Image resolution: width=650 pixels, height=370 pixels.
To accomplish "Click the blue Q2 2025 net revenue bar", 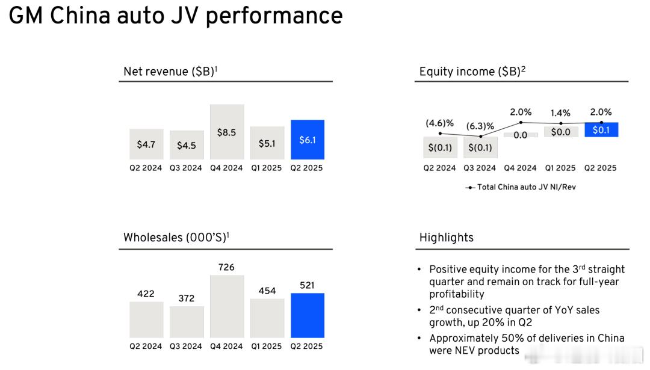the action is (x=308, y=140).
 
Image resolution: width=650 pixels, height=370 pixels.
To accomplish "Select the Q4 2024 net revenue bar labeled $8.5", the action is (x=227, y=132).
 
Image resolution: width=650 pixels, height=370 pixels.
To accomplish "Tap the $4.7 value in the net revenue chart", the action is (x=146, y=144).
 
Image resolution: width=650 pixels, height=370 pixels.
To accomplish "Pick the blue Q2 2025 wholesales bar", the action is (x=308, y=315).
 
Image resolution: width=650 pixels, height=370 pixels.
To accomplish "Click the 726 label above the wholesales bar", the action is (x=226, y=267).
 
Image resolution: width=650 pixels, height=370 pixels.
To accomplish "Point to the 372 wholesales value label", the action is (x=187, y=298).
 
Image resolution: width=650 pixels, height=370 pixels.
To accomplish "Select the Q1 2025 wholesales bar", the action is (x=267, y=318).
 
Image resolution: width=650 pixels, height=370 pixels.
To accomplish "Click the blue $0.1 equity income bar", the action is (x=601, y=130).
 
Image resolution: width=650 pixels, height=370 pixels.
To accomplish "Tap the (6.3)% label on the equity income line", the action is (x=480, y=126).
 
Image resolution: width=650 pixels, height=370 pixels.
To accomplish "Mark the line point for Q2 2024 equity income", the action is (x=440, y=134).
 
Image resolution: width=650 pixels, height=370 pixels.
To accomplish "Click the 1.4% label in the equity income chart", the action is (x=560, y=113).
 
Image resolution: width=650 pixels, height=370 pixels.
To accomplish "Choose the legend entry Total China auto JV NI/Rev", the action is (x=521, y=187).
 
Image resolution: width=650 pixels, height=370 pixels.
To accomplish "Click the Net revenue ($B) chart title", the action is (x=170, y=71).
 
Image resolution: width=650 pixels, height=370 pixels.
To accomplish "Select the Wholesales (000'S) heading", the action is (x=176, y=238).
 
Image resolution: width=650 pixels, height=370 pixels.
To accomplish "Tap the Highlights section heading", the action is (x=447, y=238).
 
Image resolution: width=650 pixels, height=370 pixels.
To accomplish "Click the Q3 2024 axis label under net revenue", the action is (x=186, y=168).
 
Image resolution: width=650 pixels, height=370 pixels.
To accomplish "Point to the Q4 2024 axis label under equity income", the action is (x=520, y=168).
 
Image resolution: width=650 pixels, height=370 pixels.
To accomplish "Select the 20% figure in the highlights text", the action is (x=487, y=322).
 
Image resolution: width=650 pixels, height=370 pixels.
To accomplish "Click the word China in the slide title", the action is (x=80, y=16).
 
